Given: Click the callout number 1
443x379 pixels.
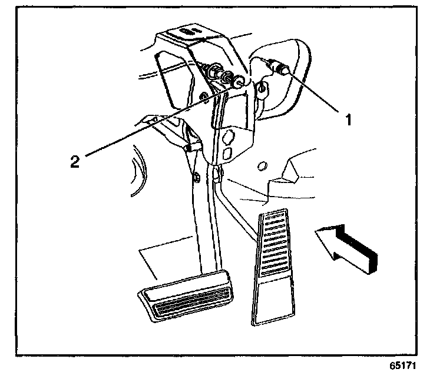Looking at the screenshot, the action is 348,121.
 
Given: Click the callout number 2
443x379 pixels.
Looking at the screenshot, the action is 75,161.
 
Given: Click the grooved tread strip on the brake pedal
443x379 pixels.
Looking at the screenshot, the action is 184,307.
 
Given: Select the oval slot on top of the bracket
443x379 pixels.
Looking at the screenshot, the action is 188,31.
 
